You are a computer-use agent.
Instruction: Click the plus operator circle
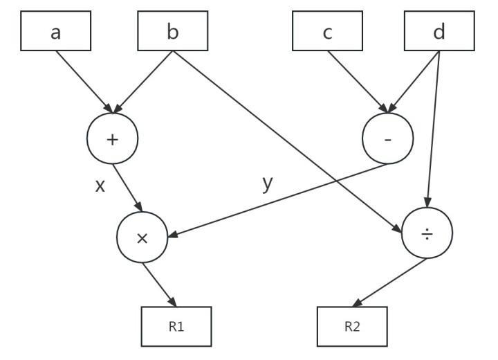point(113,138)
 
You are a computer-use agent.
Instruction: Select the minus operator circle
point(388,138)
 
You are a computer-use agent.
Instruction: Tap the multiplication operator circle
point(142,237)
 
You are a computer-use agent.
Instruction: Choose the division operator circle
point(427,235)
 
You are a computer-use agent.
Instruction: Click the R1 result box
point(176,326)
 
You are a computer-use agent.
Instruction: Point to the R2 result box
point(352,326)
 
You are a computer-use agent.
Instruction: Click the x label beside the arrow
point(100,186)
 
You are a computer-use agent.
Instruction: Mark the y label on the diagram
point(267,183)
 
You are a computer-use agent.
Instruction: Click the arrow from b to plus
point(143,81)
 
